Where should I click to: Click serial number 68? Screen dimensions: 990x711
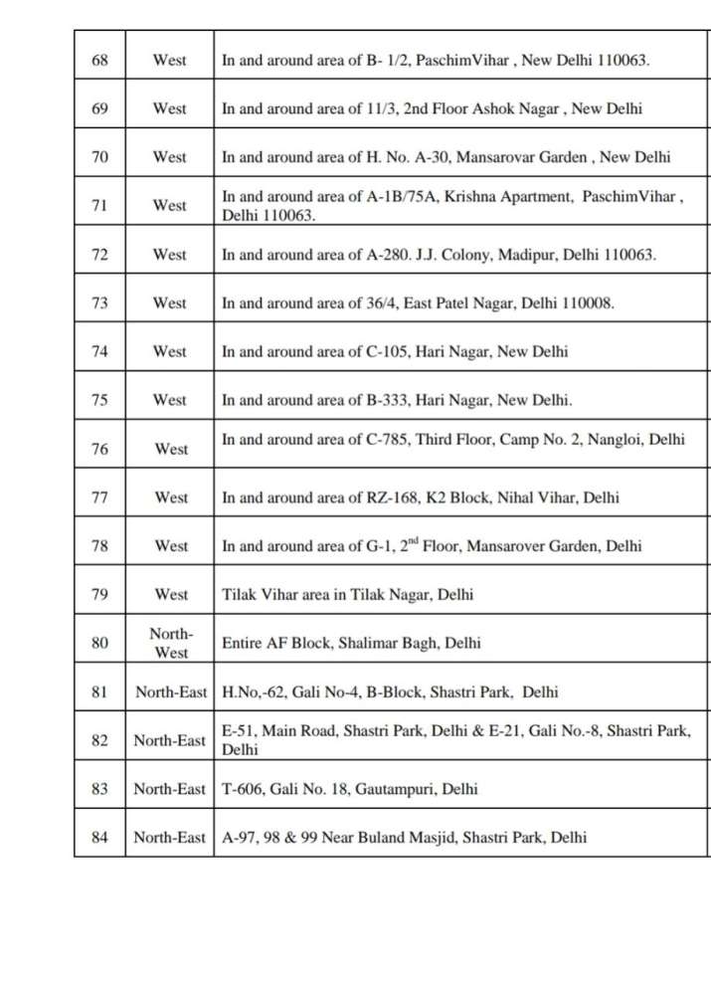pyautogui.click(x=99, y=60)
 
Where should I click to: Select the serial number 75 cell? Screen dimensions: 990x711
pyautogui.click(x=99, y=400)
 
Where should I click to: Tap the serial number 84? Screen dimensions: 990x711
pyautogui.click(x=99, y=837)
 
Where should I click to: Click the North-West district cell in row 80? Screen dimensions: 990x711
pyautogui.click(x=170, y=643)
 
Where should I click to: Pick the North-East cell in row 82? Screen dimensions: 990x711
pyautogui.click(x=170, y=740)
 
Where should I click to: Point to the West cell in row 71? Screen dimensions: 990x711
pyautogui.click(x=170, y=206)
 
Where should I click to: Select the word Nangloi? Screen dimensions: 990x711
pyautogui.click(x=618, y=439)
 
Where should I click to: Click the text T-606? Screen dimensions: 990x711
pyautogui.click(x=242, y=789)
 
